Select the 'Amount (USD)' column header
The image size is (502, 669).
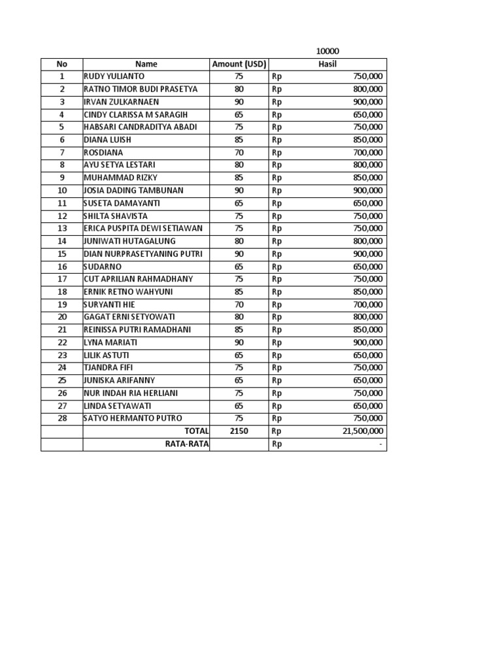239,64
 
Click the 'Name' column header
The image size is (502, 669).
146,64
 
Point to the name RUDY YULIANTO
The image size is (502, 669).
114,76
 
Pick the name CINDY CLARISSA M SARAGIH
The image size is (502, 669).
136,114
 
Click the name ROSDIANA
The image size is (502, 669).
103,152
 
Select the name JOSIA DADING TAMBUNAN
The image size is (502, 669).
133,191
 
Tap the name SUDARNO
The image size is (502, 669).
103,267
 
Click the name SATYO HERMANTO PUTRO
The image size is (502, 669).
133,419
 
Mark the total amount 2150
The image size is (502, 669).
239,431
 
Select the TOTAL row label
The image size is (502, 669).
197,431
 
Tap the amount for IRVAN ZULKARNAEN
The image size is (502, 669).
239,102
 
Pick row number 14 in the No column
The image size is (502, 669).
62,241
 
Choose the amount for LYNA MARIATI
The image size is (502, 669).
239,342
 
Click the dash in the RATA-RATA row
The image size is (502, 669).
382,444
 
